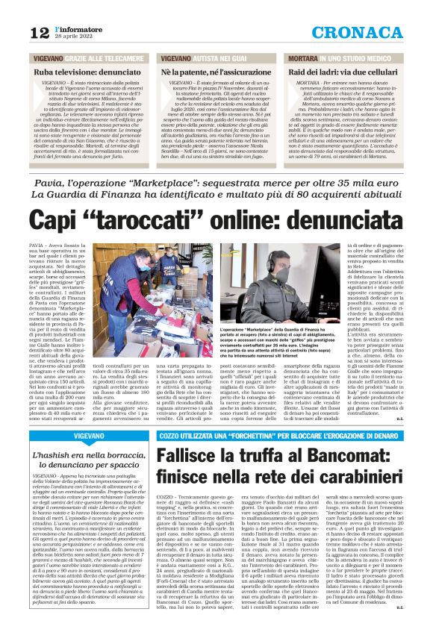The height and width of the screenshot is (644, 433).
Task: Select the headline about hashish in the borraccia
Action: click(90, 459)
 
